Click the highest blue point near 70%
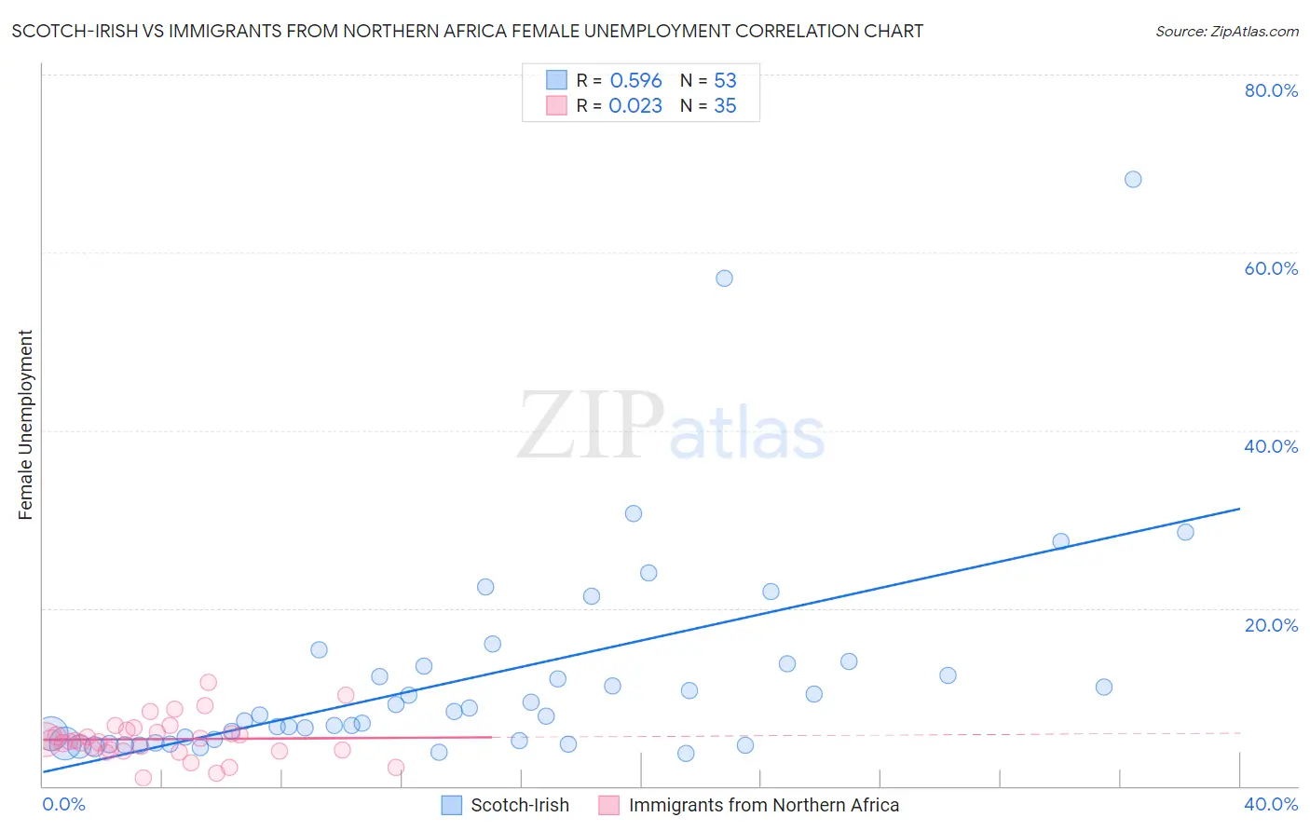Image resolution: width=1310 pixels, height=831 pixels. (x=1132, y=179)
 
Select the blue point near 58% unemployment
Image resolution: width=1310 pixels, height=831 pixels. (x=724, y=278)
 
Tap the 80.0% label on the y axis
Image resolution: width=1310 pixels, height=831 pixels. (x=1271, y=90)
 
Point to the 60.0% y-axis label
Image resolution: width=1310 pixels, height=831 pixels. (x=1271, y=268)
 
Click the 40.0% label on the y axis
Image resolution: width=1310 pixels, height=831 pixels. (x=1271, y=446)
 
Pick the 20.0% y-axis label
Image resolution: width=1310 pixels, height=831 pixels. (x=1271, y=624)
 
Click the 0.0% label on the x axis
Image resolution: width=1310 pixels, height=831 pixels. (x=64, y=804)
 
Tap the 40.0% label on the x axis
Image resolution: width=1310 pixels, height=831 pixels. (x=1271, y=804)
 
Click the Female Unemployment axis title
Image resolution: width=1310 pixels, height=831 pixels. (x=25, y=425)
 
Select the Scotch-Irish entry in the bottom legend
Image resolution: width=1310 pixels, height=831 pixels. (x=519, y=805)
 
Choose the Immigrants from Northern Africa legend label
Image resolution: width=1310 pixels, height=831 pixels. (x=763, y=805)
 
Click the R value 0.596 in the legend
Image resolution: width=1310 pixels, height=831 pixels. (x=635, y=80)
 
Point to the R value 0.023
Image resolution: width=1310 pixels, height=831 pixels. (x=635, y=105)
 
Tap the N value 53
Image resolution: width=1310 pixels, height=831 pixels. (x=725, y=80)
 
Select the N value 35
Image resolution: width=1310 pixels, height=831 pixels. (x=725, y=105)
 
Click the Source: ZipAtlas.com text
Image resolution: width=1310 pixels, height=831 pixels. (x=1226, y=31)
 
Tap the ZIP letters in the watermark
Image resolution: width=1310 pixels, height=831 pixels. (x=591, y=426)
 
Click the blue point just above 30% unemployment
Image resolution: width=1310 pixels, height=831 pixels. (x=634, y=513)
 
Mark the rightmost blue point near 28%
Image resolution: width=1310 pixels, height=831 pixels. (x=1185, y=532)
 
